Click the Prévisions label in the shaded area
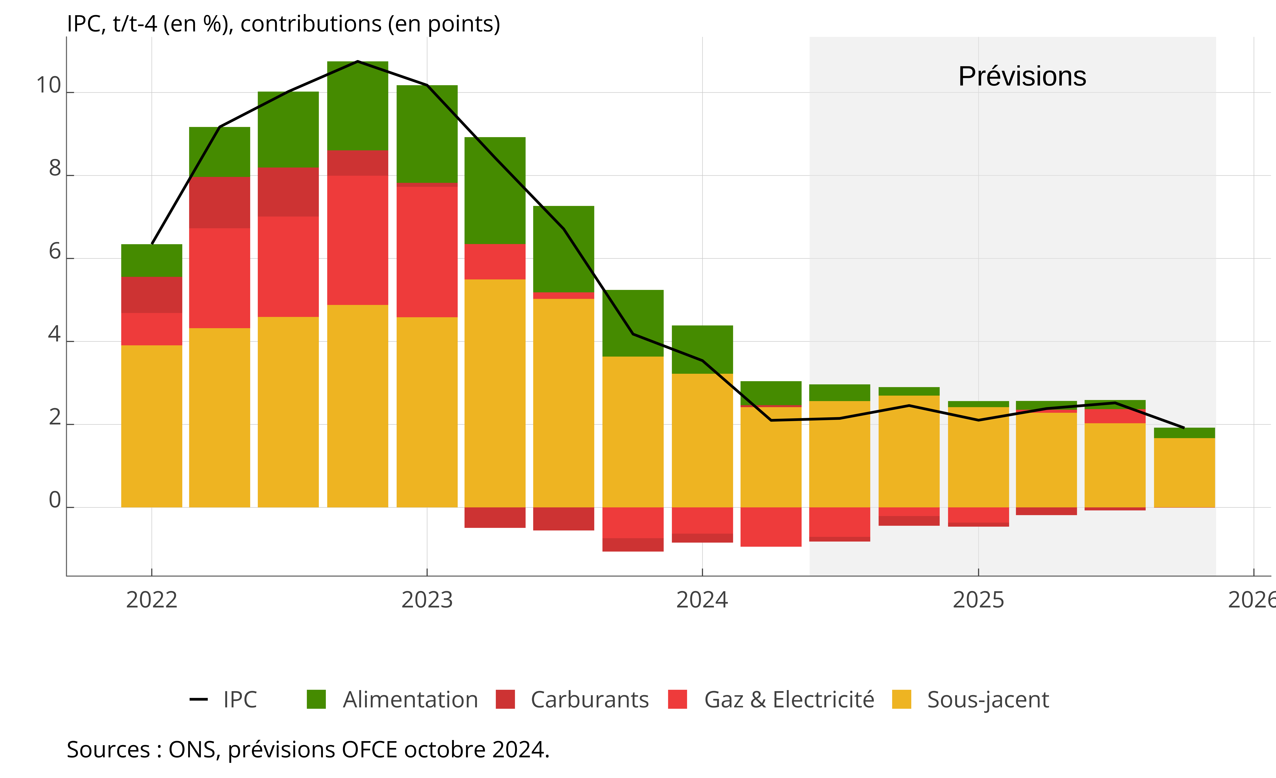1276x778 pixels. click(x=1022, y=77)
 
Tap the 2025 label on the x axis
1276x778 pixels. click(x=978, y=600)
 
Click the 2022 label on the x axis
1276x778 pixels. click(x=152, y=600)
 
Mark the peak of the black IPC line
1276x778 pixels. click(x=358, y=62)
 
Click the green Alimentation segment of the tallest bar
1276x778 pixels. click(x=358, y=106)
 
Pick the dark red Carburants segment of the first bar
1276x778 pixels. click(x=152, y=295)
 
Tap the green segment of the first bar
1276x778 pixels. click(x=152, y=260)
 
